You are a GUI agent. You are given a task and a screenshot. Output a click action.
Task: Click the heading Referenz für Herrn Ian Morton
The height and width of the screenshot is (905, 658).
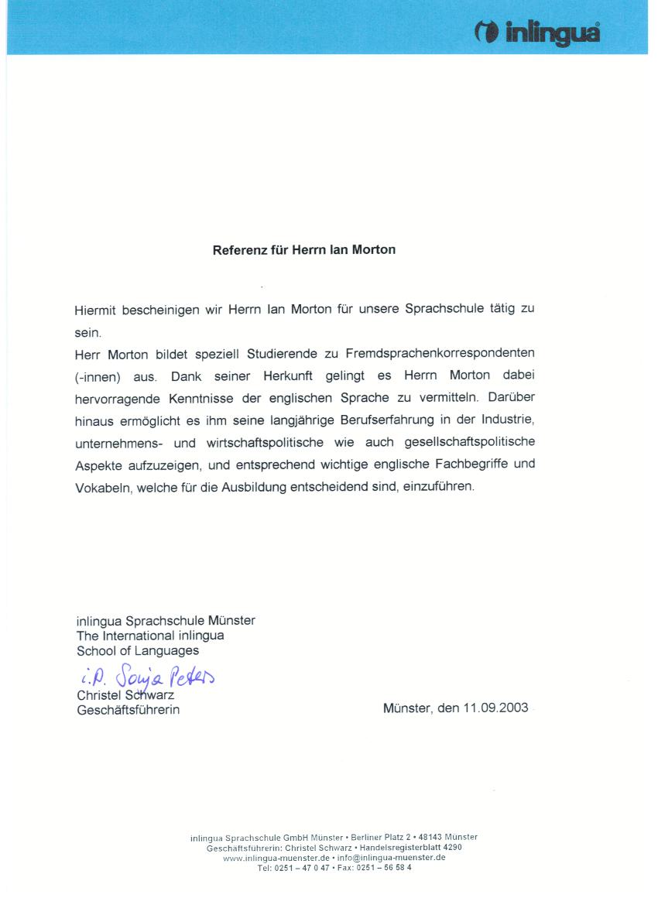[304, 250]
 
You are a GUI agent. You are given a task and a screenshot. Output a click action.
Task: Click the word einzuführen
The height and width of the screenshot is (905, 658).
[438, 488]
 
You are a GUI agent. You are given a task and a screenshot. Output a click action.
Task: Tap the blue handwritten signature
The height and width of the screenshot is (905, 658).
[146, 678]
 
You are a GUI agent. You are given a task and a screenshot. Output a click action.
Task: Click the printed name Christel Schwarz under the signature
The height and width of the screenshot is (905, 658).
[125, 695]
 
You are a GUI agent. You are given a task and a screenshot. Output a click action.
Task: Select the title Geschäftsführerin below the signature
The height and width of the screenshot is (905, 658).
[128, 709]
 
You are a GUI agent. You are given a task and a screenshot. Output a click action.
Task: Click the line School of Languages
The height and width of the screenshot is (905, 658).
[138, 650]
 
